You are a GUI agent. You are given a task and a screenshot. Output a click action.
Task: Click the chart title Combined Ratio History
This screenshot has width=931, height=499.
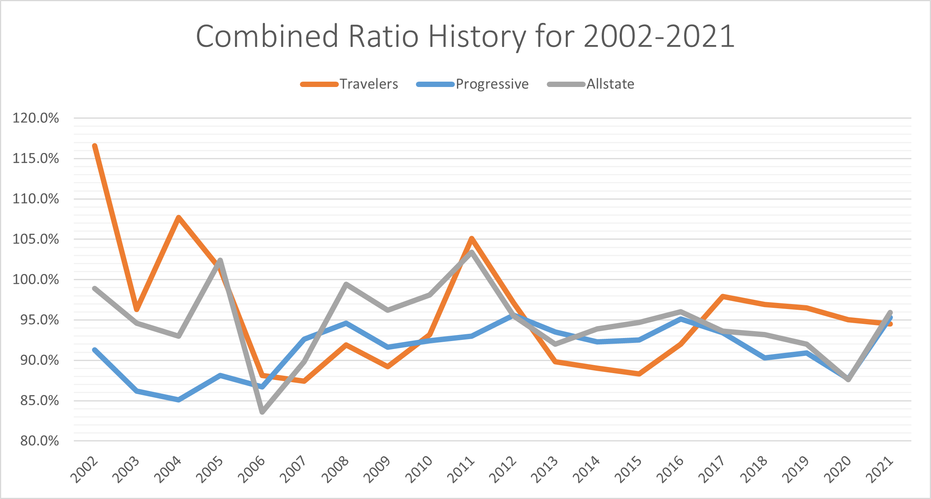point(465,36)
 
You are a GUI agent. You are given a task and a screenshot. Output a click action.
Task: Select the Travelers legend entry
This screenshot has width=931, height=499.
point(369,84)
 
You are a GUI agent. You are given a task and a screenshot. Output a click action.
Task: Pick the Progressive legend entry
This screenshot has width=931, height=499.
point(492,84)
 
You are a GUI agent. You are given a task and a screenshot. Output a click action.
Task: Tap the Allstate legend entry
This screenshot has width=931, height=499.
point(610,84)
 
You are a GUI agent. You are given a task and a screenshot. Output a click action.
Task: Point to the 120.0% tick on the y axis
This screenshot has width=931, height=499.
point(36,118)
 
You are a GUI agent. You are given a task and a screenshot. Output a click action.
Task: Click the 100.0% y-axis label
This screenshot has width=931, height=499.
point(36,280)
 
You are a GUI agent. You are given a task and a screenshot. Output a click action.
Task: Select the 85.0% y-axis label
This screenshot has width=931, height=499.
point(40,401)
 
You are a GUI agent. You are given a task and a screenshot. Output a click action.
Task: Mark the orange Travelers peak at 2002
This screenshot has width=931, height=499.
point(95,146)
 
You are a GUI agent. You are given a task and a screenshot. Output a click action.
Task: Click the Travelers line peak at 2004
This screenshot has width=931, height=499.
point(179,217)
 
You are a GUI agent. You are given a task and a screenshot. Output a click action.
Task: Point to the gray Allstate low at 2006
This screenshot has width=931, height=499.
point(262,412)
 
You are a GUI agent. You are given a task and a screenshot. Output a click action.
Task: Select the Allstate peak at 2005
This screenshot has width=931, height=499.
point(220,260)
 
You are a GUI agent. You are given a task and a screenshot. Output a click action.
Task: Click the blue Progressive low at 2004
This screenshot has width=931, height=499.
point(179,399)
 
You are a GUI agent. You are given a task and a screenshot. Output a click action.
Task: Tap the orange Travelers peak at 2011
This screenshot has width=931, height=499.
point(472,238)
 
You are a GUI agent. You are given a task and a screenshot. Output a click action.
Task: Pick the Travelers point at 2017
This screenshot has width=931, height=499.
point(723,296)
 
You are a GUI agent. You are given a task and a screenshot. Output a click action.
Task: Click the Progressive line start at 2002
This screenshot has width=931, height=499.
point(95,350)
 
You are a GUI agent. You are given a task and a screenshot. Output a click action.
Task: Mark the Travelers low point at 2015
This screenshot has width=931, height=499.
point(639,374)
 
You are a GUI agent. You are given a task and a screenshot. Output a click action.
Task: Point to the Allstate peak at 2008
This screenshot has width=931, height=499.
point(346,284)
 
